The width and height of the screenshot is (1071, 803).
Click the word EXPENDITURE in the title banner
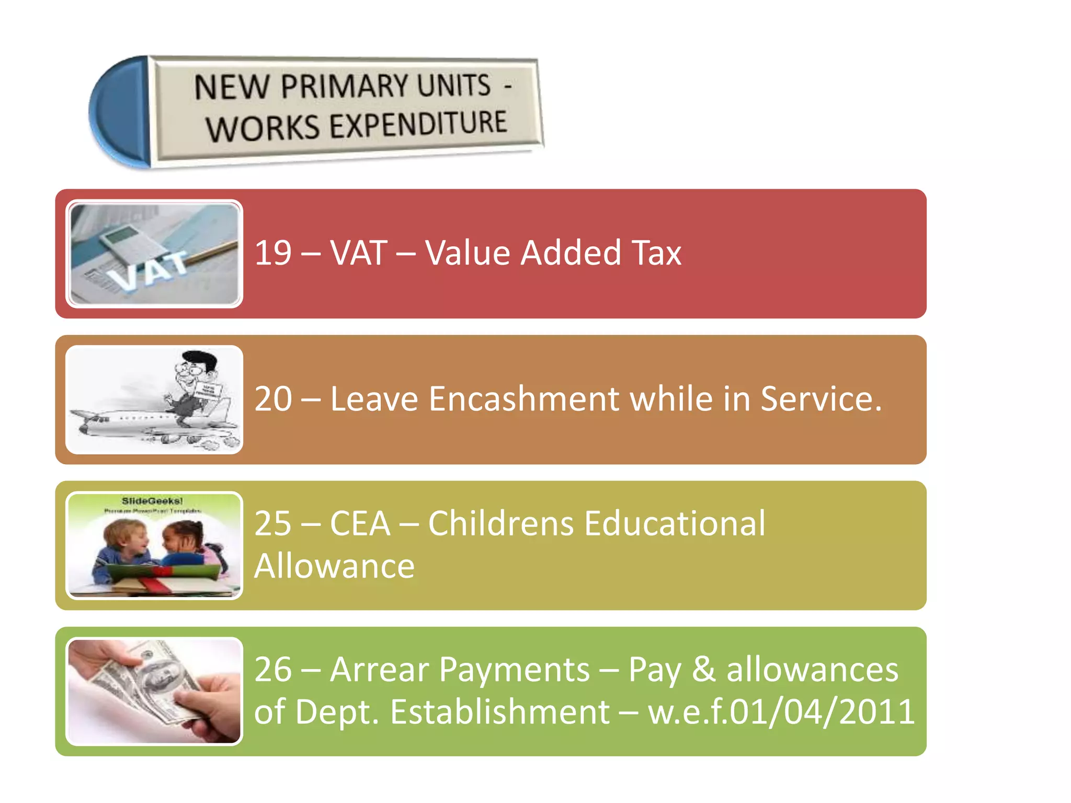(418, 124)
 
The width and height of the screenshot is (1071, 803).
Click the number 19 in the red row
(273, 253)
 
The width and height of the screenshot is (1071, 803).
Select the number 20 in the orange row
(273, 399)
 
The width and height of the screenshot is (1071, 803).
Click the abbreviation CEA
(360, 523)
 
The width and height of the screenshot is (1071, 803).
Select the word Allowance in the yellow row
(335, 566)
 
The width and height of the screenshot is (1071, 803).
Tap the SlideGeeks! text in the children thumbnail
(152, 501)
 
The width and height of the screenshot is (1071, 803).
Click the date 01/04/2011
(822, 712)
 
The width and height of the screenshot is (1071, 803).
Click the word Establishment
(499, 712)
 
